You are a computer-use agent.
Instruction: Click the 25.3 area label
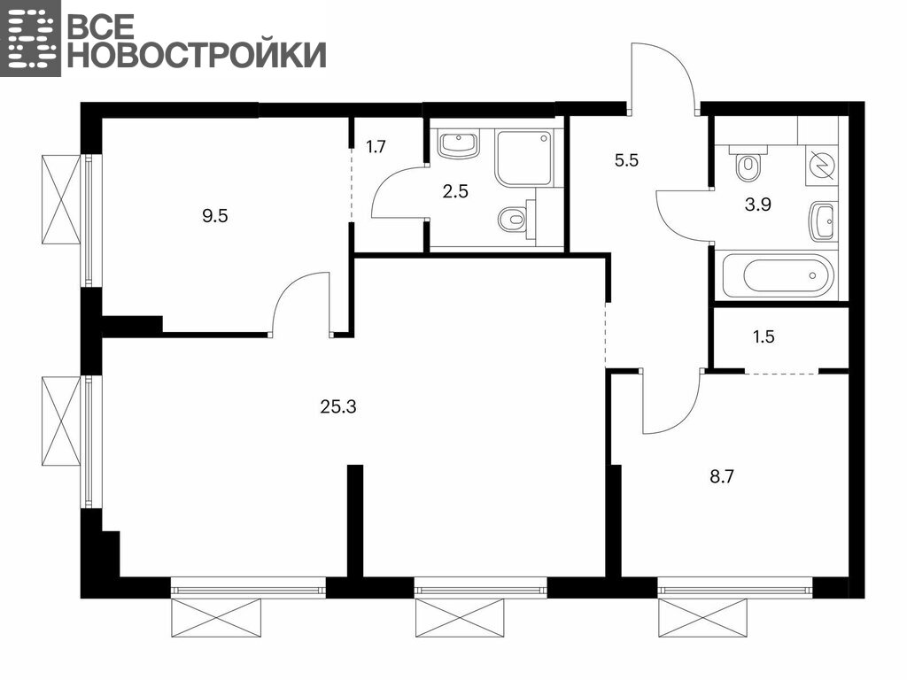[338, 407]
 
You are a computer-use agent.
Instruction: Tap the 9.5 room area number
[214, 216]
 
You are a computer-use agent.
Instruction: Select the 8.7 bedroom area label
[722, 477]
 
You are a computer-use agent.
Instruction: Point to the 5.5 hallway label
[626, 160]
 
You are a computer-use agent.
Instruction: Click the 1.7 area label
[376, 147]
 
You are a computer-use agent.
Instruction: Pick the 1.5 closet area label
[764, 336]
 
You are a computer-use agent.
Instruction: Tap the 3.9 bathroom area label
[758, 205]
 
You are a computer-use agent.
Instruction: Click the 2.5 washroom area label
[455, 191]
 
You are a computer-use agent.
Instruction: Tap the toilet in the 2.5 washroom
[516, 218]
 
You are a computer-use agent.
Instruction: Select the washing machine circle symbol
[822, 165]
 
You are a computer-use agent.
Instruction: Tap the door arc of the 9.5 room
[292, 290]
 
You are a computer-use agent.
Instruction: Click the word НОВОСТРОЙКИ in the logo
[197, 55]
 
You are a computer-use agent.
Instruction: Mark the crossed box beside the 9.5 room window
[61, 199]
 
